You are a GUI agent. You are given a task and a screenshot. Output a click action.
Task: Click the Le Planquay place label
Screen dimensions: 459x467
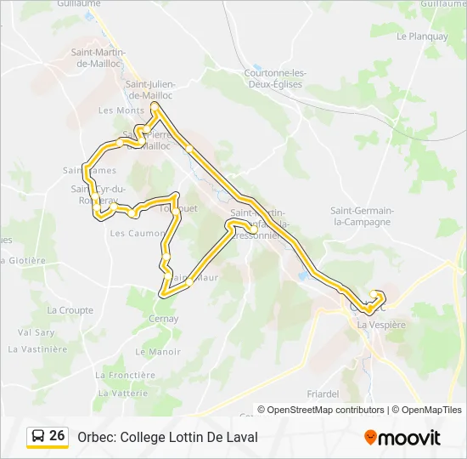tap(422, 37)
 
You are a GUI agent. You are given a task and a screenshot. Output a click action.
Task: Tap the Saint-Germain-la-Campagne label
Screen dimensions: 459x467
tap(361, 216)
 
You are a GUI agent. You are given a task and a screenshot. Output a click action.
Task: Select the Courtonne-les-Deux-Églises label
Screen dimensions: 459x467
tap(275, 78)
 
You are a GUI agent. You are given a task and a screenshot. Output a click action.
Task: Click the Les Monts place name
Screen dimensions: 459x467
tap(121, 110)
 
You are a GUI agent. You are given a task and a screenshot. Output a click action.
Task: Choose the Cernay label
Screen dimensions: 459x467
tap(163, 319)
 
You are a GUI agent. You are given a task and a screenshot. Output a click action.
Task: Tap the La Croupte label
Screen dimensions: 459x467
tap(70, 310)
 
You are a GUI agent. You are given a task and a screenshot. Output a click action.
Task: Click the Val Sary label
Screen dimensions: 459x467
tap(36, 332)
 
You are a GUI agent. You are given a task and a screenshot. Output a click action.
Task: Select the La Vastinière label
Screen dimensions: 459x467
tap(37, 348)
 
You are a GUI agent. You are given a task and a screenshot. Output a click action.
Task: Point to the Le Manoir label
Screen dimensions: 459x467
tap(158, 351)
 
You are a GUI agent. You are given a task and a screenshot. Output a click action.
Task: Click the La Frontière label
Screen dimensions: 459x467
tap(126, 375)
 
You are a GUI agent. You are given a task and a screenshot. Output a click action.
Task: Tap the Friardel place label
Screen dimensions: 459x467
tap(323, 394)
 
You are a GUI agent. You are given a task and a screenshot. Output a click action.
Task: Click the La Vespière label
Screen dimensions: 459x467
tap(382, 325)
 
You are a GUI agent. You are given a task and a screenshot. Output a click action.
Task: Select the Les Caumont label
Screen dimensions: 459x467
tap(137, 233)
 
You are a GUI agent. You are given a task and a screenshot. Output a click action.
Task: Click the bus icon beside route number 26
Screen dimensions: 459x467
tap(38, 437)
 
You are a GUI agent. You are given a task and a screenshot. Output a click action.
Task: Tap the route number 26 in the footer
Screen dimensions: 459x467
tap(57, 436)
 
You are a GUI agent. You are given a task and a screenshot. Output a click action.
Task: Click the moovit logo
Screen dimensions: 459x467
tap(402, 438)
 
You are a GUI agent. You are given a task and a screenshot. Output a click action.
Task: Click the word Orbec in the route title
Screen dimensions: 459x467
tap(96, 437)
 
